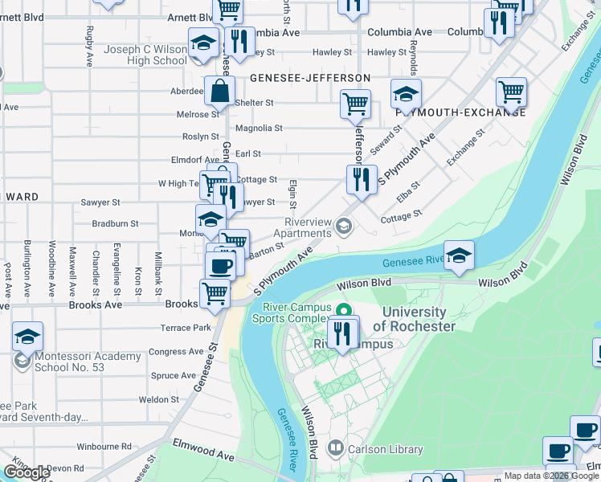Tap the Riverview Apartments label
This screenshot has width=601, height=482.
click(x=310, y=227)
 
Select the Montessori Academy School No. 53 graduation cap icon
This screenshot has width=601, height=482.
click(x=27, y=337)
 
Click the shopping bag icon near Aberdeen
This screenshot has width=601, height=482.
click(x=220, y=92)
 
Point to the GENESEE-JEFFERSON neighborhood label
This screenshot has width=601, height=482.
click(x=309, y=78)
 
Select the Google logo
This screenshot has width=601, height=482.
click(x=27, y=472)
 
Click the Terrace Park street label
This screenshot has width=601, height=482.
click(x=186, y=328)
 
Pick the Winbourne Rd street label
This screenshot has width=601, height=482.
click(x=104, y=446)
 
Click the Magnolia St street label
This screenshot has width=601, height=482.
click(x=258, y=128)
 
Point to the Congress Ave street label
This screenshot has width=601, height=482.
click(x=176, y=351)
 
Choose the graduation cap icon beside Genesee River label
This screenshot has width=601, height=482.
click(x=459, y=255)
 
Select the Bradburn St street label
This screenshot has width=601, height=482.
click(x=115, y=223)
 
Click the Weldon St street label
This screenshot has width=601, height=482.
click(x=158, y=399)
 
